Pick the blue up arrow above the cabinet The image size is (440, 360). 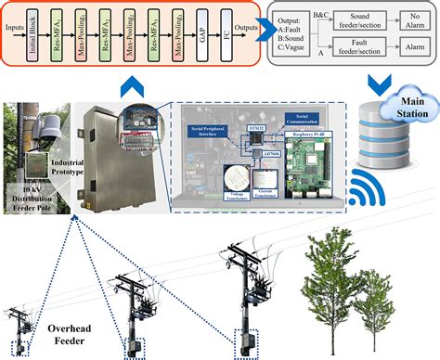pos(133,87)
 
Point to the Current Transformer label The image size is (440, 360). pos(266,195)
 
